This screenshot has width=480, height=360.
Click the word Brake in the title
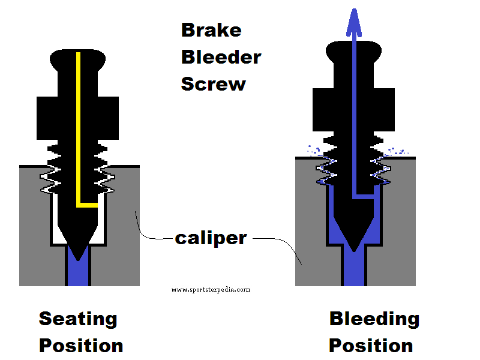point(211,30)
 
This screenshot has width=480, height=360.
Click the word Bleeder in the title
point(221,57)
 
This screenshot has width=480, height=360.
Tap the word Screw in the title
point(213,84)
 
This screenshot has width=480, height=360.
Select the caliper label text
point(211,238)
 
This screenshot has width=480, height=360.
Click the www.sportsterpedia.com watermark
point(211,289)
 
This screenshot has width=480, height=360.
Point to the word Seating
point(78,319)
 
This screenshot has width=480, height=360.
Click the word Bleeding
point(374,319)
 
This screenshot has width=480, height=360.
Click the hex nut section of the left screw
point(78,114)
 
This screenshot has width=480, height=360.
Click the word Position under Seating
point(81,346)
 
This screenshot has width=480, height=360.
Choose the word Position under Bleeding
point(371,346)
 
